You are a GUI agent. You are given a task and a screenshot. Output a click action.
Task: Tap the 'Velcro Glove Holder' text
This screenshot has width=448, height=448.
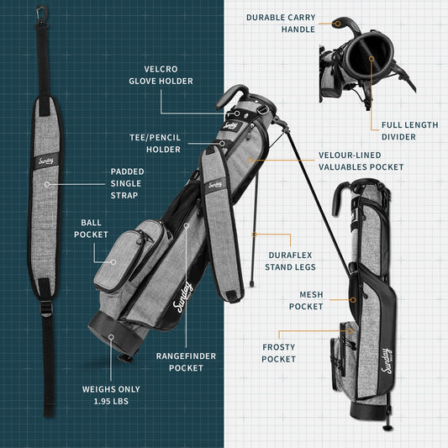161,75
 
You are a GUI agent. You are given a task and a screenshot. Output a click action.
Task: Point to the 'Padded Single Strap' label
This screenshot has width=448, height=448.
127,182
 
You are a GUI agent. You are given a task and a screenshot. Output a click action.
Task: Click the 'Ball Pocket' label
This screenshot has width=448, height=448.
91,229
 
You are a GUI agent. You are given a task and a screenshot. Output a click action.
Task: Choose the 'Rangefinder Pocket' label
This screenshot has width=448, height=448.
186,362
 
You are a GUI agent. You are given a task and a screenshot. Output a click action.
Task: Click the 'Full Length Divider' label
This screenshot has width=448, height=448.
409,131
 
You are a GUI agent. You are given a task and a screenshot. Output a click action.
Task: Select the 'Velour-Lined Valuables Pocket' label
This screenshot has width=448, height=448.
361,161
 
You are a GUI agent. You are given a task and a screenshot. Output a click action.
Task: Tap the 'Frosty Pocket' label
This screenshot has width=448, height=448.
278,353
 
